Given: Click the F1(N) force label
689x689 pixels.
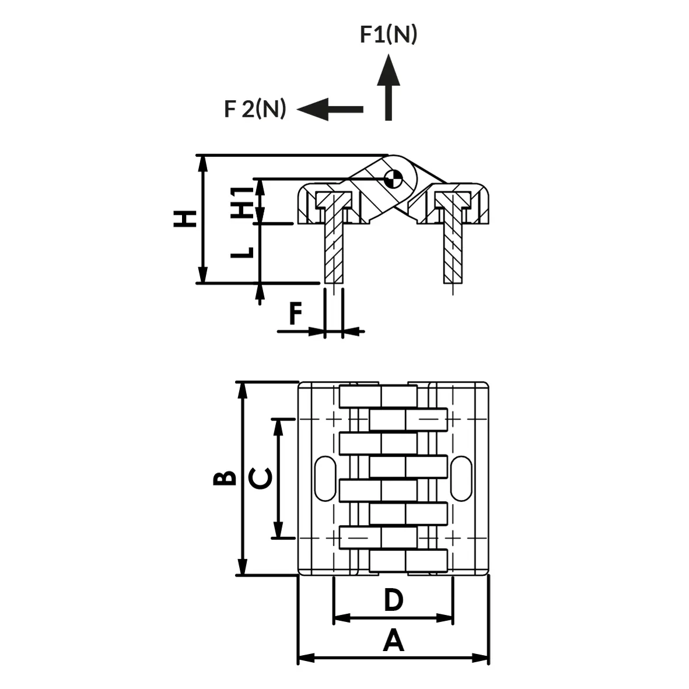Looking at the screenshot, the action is point(389,34).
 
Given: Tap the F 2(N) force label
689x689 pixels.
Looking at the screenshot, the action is point(255,108).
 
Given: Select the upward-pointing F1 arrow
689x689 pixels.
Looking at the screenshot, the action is point(389,87).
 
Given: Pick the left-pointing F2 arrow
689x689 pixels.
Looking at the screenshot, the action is point(330,109).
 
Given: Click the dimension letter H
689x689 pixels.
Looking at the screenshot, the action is point(185,218).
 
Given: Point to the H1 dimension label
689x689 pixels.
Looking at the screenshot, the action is point(243,202).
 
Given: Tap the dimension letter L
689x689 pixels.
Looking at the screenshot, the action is point(243,252).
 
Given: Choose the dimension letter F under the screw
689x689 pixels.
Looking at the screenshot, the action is point(296,313).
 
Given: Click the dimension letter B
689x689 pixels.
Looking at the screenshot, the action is point(224,478).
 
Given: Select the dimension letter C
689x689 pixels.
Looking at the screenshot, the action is point(260,478).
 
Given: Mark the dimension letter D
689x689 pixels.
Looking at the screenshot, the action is point(393,599).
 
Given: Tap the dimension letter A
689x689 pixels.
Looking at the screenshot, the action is point(393,640).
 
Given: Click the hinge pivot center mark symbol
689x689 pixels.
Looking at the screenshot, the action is point(393,179).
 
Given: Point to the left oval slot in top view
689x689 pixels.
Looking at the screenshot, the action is point(326,478).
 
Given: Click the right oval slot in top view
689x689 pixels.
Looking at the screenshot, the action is point(461,478).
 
